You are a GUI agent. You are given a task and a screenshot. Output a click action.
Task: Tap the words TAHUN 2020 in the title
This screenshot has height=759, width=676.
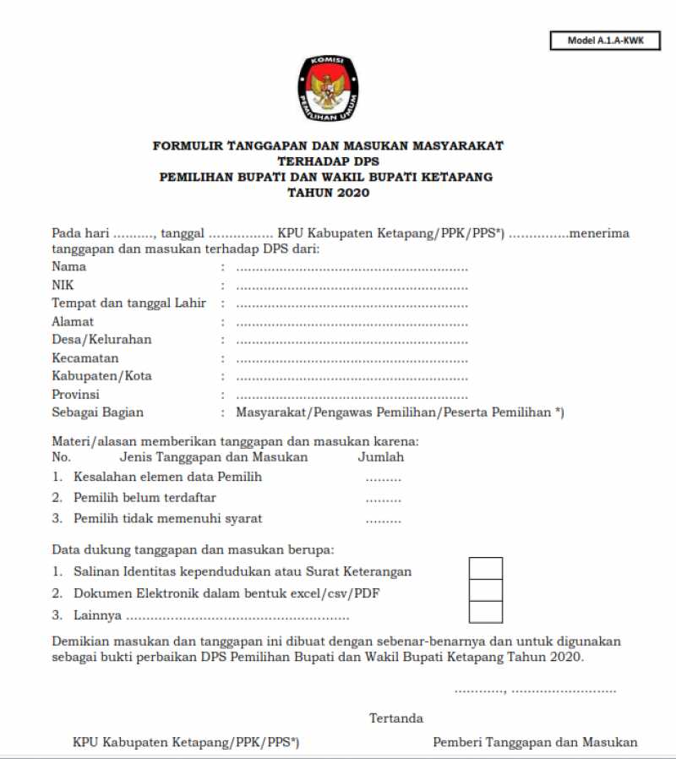point(328,193)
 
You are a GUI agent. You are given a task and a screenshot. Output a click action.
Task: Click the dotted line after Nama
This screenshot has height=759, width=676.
point(352,267)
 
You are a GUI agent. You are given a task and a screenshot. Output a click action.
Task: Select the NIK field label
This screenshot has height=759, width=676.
point(63,286)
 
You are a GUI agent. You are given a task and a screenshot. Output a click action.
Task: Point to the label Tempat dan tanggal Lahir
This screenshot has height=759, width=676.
point(129,303)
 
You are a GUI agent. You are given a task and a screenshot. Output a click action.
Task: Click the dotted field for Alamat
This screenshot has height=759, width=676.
point(352,322)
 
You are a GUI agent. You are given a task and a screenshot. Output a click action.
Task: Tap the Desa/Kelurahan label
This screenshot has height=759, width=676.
point(102,340)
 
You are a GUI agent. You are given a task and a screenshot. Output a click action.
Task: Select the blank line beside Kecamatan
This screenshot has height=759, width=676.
point(352,358)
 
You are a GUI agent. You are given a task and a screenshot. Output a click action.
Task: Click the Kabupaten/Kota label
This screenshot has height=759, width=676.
point(102,376)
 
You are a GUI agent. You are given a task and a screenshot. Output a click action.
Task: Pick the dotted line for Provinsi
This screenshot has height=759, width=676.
point(352,395)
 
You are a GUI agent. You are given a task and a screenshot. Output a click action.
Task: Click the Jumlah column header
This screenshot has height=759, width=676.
point(381,457)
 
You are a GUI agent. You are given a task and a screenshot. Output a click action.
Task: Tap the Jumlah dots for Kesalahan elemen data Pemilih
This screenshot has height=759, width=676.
point(383,478)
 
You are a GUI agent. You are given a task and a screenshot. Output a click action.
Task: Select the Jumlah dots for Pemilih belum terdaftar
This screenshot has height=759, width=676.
point(383,499)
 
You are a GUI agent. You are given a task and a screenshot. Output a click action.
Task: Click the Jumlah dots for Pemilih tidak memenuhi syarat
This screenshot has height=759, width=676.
point(383,519)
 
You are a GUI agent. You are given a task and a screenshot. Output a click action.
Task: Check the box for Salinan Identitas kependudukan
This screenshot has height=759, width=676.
point(486,569)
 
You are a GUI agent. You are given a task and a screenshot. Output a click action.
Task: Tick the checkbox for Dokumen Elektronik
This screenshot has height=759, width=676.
point(486,591)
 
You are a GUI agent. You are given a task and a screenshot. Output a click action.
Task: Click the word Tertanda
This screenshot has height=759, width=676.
point(396,718)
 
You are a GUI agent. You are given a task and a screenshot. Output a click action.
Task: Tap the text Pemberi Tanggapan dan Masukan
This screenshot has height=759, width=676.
point(535,742)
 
